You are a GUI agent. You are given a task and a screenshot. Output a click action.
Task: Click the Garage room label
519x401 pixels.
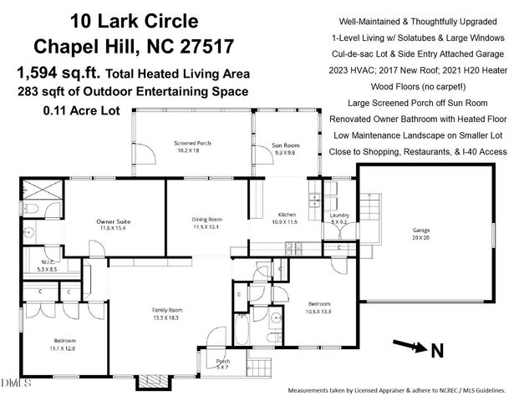[x=420, y=233]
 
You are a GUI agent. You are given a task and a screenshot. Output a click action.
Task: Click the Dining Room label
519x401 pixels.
[x=206, y=223]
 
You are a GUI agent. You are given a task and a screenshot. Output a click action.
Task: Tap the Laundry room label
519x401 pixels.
[x=339, y=218]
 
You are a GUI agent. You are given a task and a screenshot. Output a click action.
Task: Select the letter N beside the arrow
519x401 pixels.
[x=436, y=352]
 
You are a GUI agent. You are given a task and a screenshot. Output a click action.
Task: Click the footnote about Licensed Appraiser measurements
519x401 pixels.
[x=396, y=390]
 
